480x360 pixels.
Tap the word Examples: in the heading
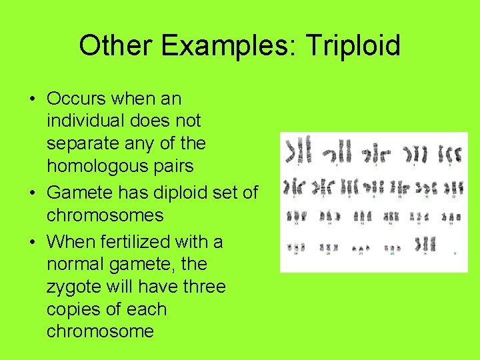[x=223, y=46]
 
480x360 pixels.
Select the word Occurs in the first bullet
[x=77, y=99]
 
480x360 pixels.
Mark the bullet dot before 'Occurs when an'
[x=32, y=99]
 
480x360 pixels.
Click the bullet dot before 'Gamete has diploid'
[x=32, y=193]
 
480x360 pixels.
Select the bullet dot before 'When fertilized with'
[x=32, y=242]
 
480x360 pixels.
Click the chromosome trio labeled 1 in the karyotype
[x=298, y=150]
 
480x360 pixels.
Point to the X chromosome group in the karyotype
[x=425, y=244]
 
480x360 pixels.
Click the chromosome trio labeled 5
[x=451, y=153]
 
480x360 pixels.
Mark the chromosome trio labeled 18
[x=453, y=217]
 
